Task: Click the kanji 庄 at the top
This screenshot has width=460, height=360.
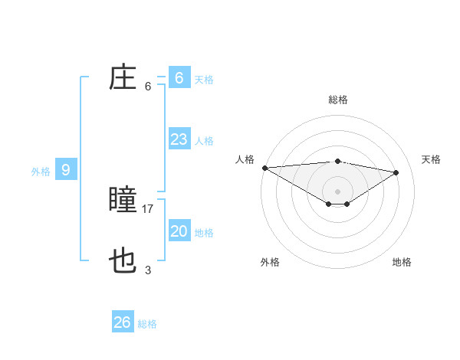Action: click(123, 78)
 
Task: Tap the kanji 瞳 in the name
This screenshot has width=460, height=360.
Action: click(123, 201)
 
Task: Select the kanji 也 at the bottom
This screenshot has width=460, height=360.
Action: click(123, 262)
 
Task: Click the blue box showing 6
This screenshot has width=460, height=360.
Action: click(179, 77)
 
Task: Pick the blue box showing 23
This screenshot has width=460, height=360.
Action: click(179, 139)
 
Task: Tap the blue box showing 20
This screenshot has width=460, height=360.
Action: click(179, 231)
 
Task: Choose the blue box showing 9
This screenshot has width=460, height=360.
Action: click(66, 170)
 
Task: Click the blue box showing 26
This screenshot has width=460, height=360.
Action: click(123, 322)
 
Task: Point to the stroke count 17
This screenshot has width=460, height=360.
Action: click(148, 208)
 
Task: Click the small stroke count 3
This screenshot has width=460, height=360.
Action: click(148, 270)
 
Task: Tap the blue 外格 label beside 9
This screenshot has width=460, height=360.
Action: click(41, 172)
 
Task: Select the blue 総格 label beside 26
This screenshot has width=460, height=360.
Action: click(148, 324)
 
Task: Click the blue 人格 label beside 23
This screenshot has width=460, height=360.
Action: click(204, 141)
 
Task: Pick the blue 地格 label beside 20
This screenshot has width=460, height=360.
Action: click(204, 233)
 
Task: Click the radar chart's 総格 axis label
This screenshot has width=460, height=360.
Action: click(337, 100)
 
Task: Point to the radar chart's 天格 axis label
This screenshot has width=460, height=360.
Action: click(432, 159)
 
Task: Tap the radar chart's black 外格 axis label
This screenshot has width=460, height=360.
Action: click(270, 262)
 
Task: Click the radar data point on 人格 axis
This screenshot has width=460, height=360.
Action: click(264, 168)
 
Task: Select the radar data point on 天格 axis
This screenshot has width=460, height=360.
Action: click(396, 172)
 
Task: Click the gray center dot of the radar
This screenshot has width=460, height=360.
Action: click(337, 191)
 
